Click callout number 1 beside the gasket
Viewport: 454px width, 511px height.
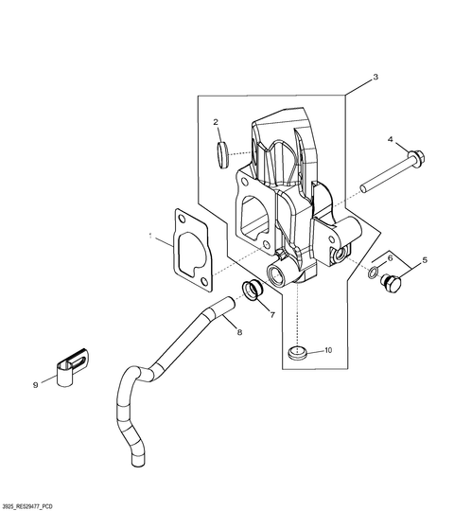point(150,236)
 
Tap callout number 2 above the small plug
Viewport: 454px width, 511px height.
point(216,122)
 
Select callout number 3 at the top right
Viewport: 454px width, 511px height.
point(375,78)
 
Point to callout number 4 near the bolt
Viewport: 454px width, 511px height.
point(391,139)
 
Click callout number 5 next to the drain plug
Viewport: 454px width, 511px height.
point(425,260)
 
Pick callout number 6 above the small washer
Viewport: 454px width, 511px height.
point(390,258)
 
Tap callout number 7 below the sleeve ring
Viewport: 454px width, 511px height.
point(272,314)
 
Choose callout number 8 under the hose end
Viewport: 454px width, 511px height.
point(239,332)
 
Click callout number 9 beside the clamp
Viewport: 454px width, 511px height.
point(36,385)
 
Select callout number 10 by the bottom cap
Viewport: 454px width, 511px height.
point(328,350)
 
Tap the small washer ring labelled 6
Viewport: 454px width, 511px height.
point(374,272)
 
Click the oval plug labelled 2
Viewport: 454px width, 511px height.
point(222,154)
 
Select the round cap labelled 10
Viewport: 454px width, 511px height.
point(297,353)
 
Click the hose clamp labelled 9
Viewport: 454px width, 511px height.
point(72,367)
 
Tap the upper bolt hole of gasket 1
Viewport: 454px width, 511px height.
point(182,219)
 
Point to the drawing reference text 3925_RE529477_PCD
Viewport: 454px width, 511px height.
point(26,507)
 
